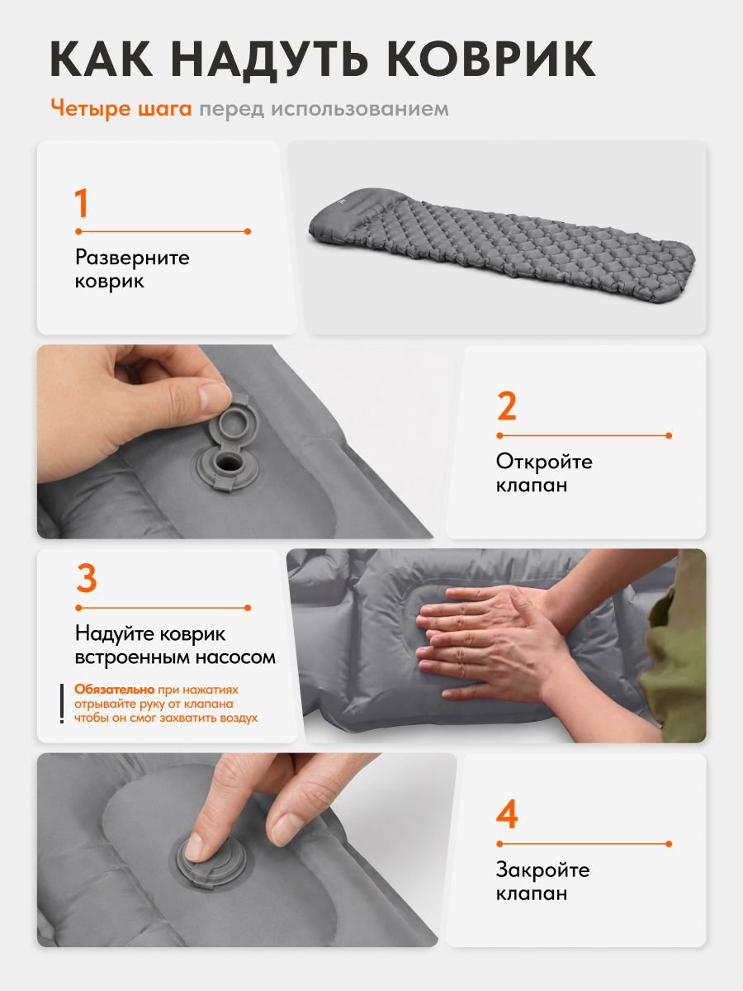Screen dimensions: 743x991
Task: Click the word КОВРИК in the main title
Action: pos(491,59)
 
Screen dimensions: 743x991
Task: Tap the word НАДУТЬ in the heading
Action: pos(269,59)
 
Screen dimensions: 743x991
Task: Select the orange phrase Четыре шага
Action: pos(121,109)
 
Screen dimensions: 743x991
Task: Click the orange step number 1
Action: pos(81,203)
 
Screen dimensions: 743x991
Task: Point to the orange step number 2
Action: pos(507,406)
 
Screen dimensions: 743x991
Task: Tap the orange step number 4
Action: pos(507,814)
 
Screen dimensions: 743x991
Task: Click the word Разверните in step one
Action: pos(132,258)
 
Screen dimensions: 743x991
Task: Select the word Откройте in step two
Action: pos(544,462)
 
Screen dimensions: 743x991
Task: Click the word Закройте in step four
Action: pos(542,870)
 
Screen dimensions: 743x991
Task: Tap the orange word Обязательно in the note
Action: pos(115,690)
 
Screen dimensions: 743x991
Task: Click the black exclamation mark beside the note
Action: pos(62,704)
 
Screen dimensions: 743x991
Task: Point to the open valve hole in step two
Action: pos(226,462)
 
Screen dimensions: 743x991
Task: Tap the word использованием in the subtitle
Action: pos(360,109)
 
